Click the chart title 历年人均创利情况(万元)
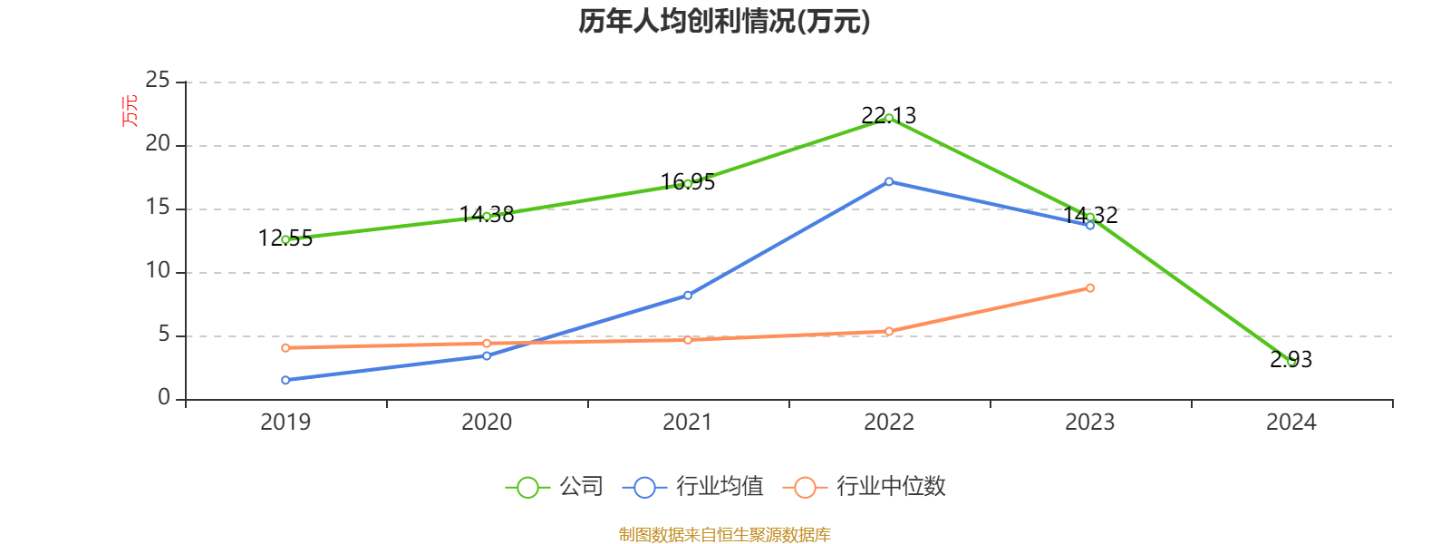pos(724,21)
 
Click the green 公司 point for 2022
pos(889,118)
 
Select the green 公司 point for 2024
pos(1291,362)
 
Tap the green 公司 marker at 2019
pos(285,239)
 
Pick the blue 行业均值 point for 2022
pos(889,181)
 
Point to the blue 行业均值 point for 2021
pos(688,295)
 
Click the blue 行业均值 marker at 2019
pos(285,380)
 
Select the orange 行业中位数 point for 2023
pos(1090,287)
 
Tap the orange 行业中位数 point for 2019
pos(285,347)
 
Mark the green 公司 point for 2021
pos(688,183)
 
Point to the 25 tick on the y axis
pos(158,81)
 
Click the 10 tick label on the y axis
pos(158,271)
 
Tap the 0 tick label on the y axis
pos(164,398)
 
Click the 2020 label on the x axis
pos(487,422)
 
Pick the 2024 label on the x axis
pos(1291,422)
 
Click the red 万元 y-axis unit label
pos(130,111)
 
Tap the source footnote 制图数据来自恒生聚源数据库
pos(724,535)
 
